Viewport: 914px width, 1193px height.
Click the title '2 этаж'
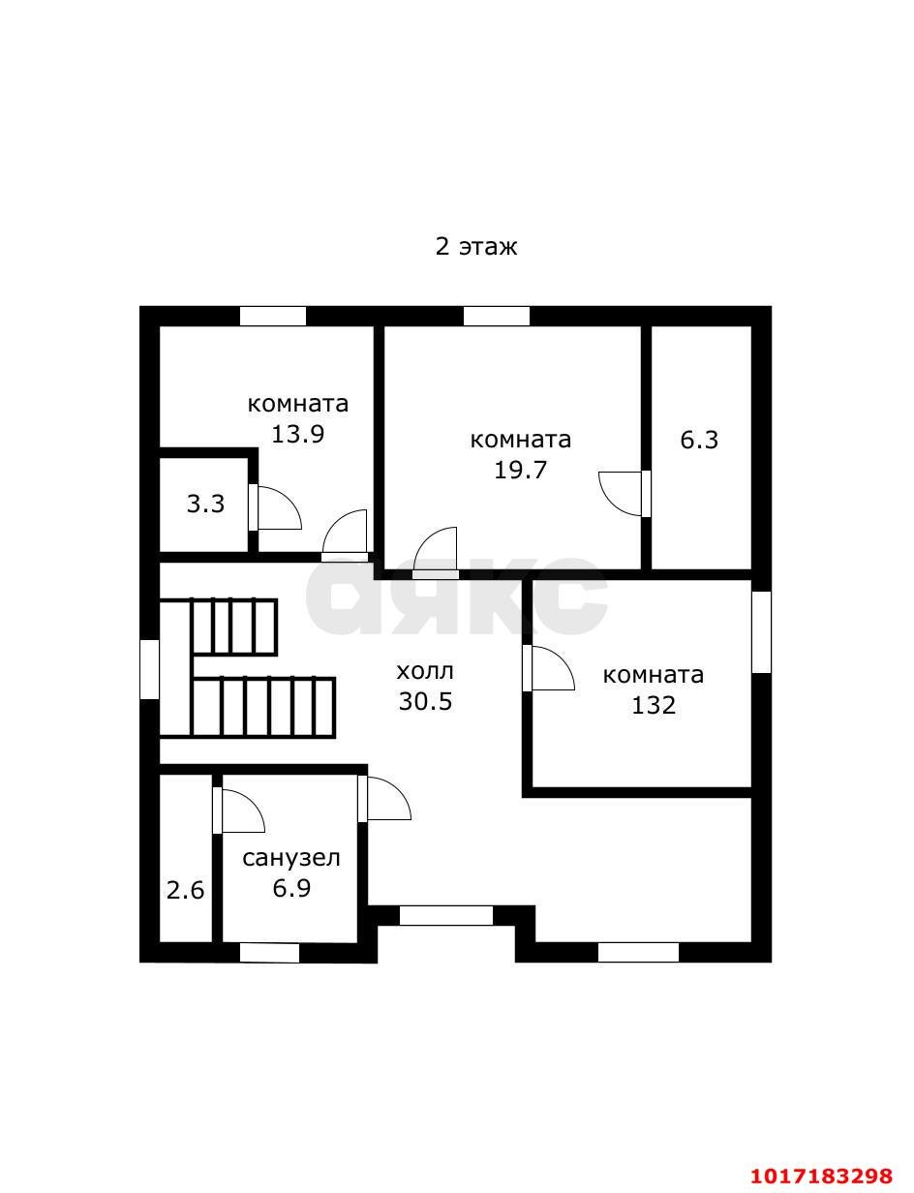(x=476, y=247)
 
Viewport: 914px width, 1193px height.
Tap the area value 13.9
(x=298, y=434)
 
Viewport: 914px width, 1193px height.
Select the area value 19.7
(x=520, y=470)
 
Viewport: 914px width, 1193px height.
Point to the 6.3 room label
(x=699, y=440)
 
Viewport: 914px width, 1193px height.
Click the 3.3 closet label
(x=205, y=504)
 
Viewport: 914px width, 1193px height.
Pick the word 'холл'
(x=425, y=671)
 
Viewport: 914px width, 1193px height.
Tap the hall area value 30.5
(x=425, y=701)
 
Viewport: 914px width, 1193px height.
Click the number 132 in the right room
(x=654, y=705)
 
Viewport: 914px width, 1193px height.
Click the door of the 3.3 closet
(x=274, y=506)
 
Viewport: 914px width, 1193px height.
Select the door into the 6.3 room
(x=625, y=493)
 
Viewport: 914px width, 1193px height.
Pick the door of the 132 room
(x=548, y=668)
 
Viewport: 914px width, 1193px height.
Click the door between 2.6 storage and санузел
(x=238, y=811)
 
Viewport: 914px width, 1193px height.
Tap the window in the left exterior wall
(x=149, y=669)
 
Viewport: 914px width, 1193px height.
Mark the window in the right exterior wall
(x=761, y=632)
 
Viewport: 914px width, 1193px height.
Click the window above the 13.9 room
(x=273, y=316)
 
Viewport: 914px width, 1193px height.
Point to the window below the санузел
(x=269, y=953)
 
